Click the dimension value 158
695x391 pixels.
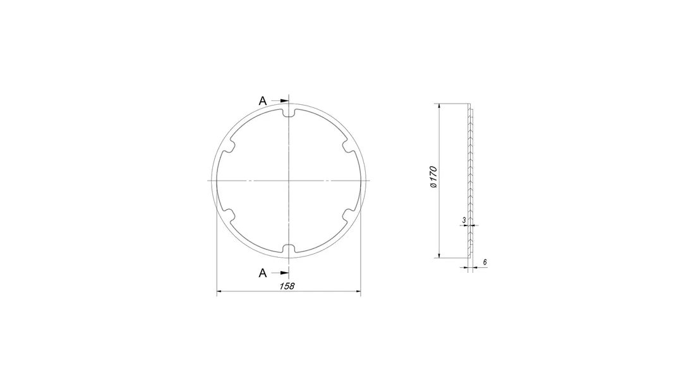[x=287, y=286]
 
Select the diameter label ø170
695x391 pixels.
[x=433, y=177]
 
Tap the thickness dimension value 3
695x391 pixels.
[x=464, y=220]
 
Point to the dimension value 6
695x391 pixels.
[x=485, y=262]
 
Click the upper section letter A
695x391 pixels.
[x=263, y=101]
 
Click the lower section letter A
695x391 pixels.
[x=263, y=273]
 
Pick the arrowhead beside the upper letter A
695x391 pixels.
[x=284, y=101]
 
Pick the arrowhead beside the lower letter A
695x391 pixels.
[x=284, y=273]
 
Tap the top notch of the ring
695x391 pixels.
[x=289, y=113]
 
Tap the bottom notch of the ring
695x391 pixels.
[x=289, y=248]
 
